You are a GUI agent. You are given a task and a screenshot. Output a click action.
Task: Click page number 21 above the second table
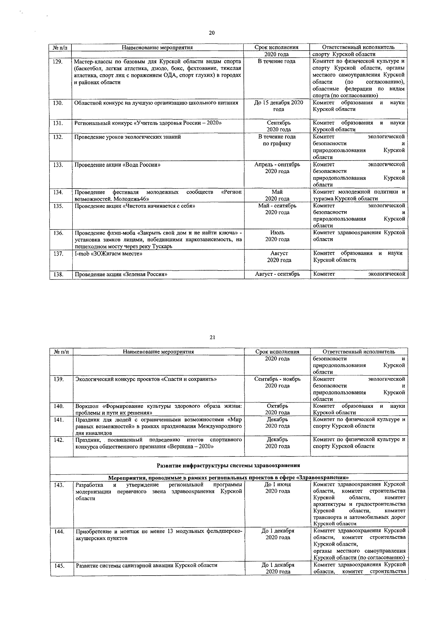pos(212,337)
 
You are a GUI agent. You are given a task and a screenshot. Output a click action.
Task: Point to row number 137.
pos(58,253)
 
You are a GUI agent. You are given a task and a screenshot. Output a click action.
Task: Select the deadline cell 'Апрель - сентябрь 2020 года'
pos(277,168)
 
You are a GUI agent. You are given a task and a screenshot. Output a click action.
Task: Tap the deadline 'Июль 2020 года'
pos(277,236)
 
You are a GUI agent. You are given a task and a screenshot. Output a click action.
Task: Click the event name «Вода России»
pos(117,165)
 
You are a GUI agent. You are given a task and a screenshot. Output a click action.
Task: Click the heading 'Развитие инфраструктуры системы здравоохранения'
pos(229,465)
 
